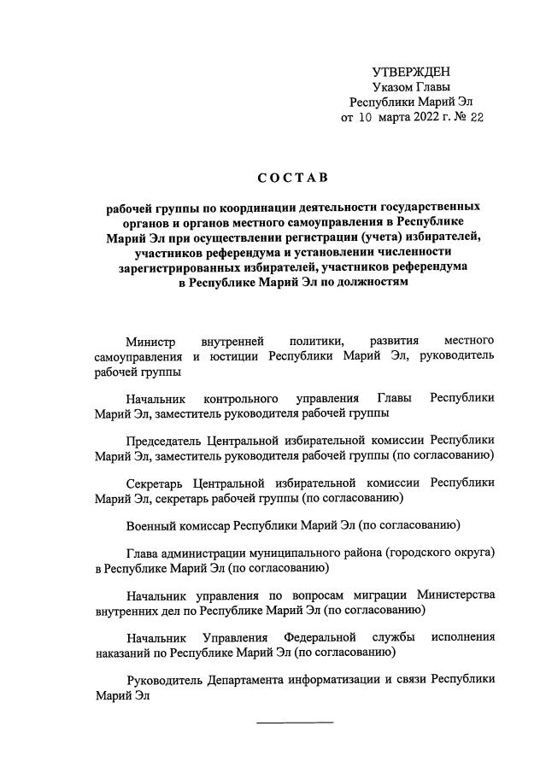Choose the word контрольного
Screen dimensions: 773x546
click(244, 399)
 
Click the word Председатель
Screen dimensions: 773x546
click(162, 441)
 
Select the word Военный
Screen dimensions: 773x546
click(150, 524)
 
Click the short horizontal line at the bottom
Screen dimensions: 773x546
click(296, 722)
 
